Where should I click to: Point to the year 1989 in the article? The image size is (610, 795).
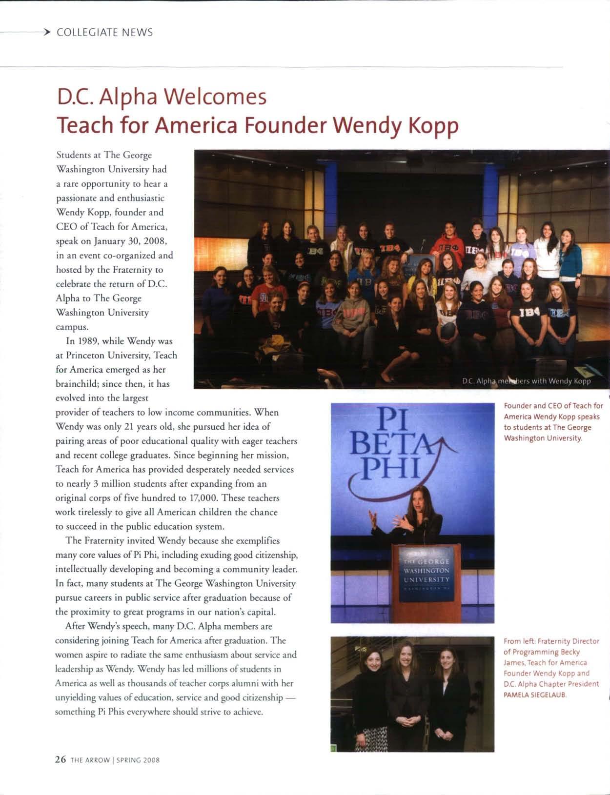click(81, 341)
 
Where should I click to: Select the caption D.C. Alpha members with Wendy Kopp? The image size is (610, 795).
click(527, 381)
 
